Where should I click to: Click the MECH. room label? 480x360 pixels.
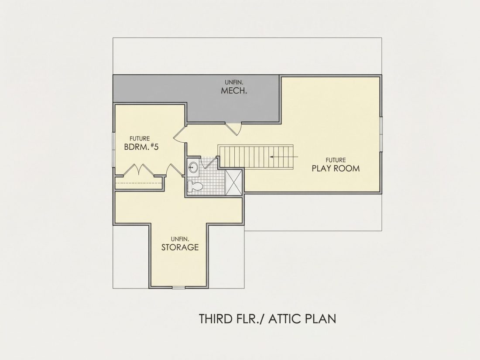click(234, 91)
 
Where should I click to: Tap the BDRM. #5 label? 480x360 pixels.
click(141, 147)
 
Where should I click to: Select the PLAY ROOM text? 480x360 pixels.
click(336, 168)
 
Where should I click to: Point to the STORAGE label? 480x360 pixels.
click(180, 247)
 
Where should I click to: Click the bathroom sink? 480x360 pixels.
click(193, 167)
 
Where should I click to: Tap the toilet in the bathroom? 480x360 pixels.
click(195, 186)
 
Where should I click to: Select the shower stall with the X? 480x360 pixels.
click(233, 182)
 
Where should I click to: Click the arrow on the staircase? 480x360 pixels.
click(284, 156)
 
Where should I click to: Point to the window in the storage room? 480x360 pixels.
click(178, 287)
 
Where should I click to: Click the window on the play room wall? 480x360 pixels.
click(381, 134)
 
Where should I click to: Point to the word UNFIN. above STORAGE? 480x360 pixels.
click(180, 239)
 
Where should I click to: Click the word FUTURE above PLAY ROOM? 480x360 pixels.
click(336, 160)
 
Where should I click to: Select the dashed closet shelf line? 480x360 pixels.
click(138, 183)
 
